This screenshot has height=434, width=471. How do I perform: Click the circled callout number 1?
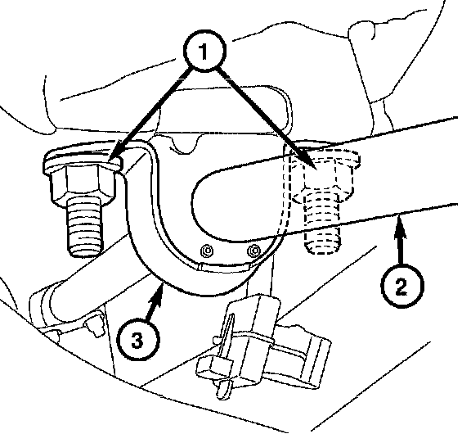coord(204,51)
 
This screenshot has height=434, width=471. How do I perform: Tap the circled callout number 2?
coord(402,286)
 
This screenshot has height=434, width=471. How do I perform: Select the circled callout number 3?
coord(138,341)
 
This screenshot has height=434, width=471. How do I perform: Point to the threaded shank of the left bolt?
coord(85,228)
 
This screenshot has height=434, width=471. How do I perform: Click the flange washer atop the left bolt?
coord(83,160)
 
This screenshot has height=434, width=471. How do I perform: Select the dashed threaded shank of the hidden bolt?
coord(323,223)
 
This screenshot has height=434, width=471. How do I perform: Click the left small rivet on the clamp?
coord(207,251)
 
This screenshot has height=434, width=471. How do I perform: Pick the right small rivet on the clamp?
coord(254,250)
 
